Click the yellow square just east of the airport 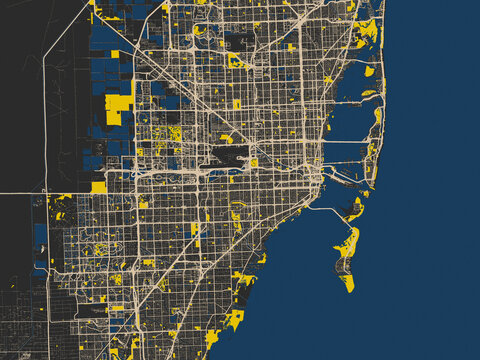point(254,162)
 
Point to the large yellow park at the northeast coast point(366,32)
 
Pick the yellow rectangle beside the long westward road point(98,187)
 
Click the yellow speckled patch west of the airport point(176,133)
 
